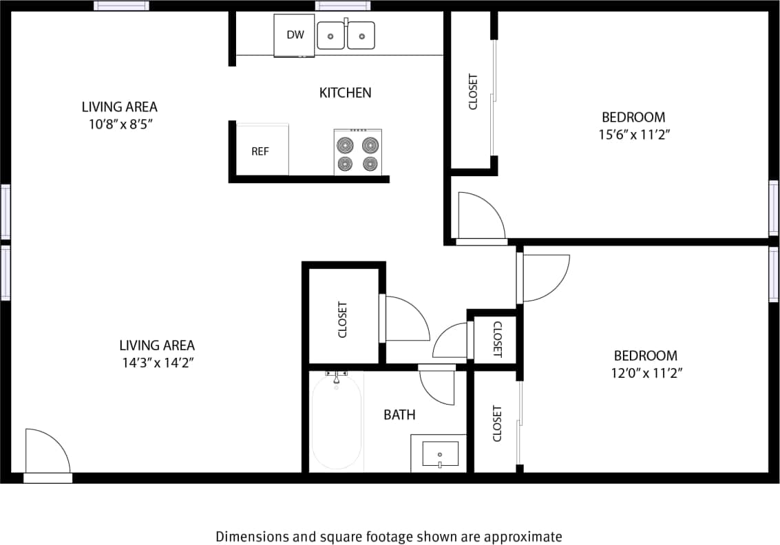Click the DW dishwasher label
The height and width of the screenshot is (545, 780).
(295, 34)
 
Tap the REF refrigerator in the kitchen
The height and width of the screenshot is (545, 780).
(260, 151)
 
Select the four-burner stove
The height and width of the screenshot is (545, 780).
(358, 153)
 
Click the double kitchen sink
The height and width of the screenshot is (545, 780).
(346, 35)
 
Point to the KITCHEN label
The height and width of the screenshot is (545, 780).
(345, 92)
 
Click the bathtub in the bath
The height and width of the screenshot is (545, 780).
(336, 422)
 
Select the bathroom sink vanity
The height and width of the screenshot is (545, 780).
(439, 453)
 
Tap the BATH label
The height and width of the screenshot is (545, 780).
(399, 414)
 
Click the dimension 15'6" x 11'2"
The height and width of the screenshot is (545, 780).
(633, 135)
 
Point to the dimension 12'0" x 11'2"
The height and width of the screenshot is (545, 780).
(645, 374)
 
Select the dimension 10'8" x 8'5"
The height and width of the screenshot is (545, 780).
(119, 125)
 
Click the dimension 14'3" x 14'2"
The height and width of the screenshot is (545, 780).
(157, 363)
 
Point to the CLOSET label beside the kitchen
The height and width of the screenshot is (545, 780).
(473, 91)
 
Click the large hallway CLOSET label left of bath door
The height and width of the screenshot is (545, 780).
(343, 319)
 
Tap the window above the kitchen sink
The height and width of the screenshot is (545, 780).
(343, 6)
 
